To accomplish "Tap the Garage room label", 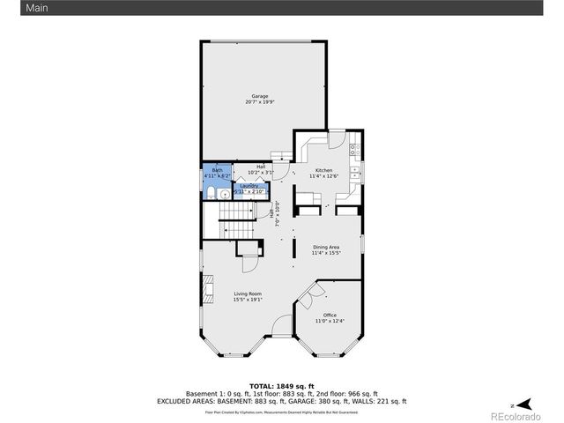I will [259, 96].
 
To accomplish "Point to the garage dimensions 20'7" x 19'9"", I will [259, 102].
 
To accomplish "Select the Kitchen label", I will [323, 170].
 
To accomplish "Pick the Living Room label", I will [248, 293].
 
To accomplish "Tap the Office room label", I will [330, 315].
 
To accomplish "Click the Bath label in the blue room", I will [217, 170].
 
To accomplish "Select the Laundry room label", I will [249, 186].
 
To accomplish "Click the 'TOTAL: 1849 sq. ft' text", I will [281, 386].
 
